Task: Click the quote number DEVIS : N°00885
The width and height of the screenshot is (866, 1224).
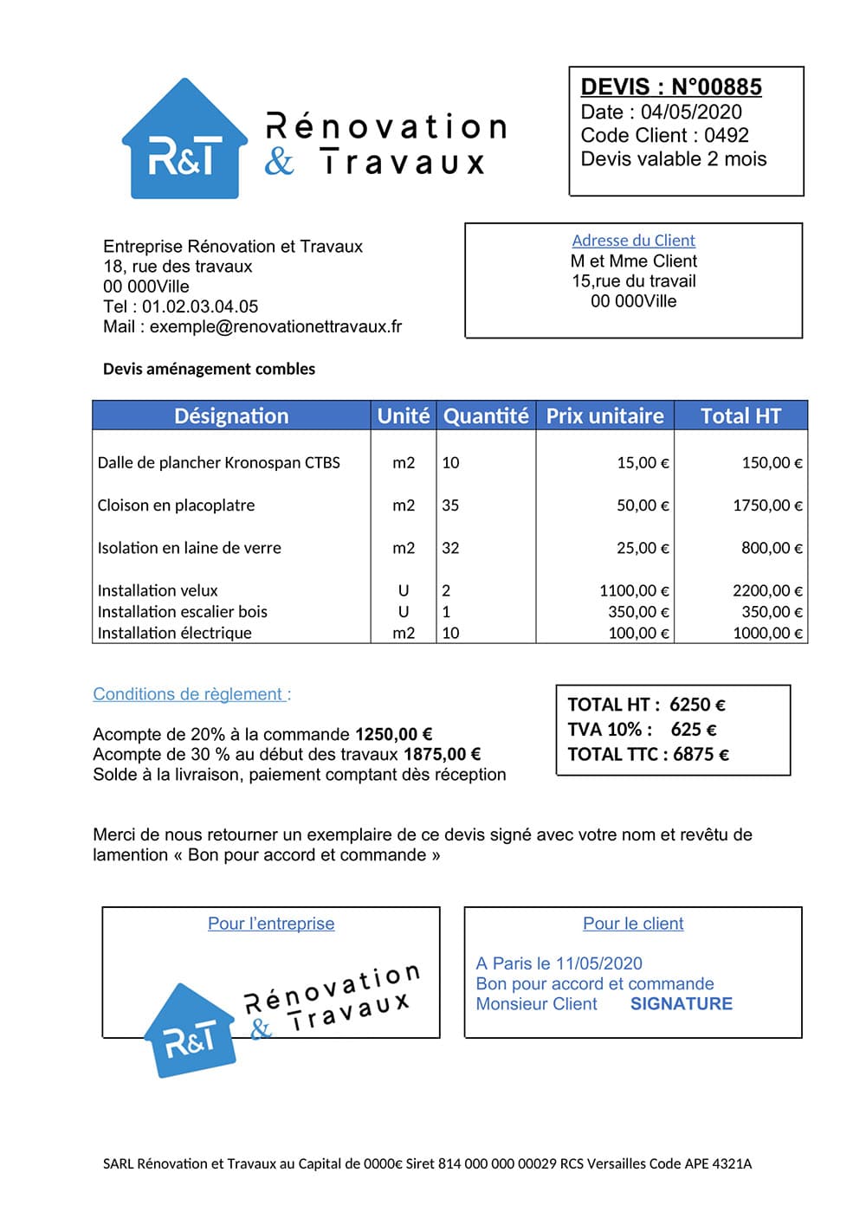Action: tap(671, 87)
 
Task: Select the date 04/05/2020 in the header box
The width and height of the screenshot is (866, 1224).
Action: tap(691, 112)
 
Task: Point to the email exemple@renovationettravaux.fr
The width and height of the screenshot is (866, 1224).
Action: tap(275, 326)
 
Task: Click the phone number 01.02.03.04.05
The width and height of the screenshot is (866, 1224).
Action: tap(200, 306)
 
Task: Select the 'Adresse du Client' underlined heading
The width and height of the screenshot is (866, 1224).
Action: tap(633, 241)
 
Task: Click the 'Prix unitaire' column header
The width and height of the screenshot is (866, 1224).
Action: tap(604, 416)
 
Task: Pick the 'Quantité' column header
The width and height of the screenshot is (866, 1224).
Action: tap(486, 416)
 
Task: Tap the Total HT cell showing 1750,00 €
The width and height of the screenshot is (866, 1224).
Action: tap(767, 506)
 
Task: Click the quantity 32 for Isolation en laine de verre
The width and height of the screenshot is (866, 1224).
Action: tap(450, 548)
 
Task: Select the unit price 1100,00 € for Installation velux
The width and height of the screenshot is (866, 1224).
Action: tap(634, 590)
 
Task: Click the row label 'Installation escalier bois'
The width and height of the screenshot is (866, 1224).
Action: tap(182, 612)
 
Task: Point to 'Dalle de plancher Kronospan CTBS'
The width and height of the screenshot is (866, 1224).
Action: tap(218, 462)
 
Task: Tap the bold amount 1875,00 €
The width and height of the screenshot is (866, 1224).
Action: tap(442, 754)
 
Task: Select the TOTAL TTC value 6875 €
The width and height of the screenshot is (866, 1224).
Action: tap(701, 754)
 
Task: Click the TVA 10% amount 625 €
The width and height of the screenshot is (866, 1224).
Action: tap(693, 729)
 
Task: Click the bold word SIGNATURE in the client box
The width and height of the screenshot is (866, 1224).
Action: tap(681, 1004)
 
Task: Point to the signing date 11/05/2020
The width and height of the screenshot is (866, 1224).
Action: tap(598, 963)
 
